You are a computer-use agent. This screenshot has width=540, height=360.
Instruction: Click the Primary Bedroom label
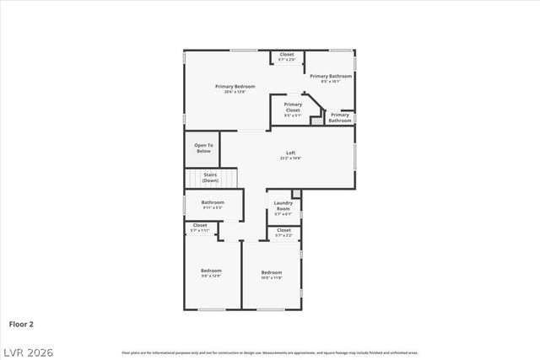point(235,86)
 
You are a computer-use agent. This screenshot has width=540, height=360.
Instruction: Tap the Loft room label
point(290,153)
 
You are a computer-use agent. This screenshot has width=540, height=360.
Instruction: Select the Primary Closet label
point(292,107)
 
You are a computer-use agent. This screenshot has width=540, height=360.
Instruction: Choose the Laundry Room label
point(283,205)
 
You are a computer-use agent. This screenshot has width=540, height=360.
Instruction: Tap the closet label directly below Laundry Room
point(283,229)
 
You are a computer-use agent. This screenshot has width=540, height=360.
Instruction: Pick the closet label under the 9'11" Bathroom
point(200,225)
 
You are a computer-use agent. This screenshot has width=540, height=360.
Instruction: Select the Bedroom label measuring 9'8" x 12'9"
point(211,271)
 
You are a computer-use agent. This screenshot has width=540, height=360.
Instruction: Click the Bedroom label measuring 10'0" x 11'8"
point(271,272)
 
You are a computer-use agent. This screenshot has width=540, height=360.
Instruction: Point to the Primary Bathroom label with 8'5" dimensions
point(330,76)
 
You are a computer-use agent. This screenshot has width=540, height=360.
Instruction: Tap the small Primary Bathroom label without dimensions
point(339,117)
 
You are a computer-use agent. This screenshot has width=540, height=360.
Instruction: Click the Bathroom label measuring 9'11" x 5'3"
point(213,202)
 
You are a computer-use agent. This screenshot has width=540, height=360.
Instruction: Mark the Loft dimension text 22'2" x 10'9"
point(290,158)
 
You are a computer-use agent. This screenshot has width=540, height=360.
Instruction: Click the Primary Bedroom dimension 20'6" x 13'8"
point(235,91)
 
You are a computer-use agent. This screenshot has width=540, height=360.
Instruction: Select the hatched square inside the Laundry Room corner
point(295,193)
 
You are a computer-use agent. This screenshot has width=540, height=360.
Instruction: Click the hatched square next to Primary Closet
point(316,121)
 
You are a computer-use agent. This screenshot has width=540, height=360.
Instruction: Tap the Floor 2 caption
point(21,323)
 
